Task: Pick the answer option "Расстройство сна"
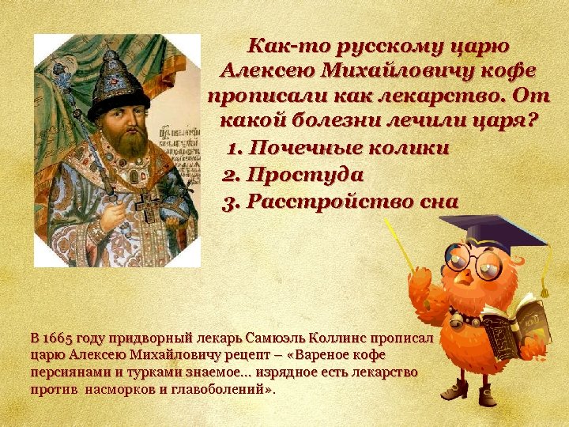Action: pos(352,201)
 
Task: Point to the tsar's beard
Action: pos(126,142)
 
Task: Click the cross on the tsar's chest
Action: pos(147,203)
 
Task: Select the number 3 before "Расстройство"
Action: pos(229,202)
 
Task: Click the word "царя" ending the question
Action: pos(500,123)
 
